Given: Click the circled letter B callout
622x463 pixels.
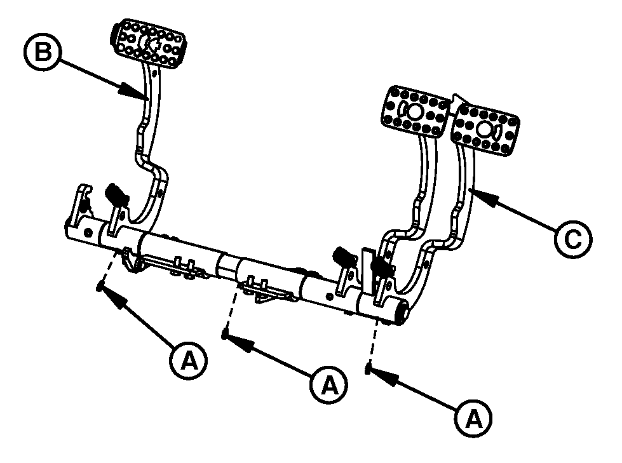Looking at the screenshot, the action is coord(43,52).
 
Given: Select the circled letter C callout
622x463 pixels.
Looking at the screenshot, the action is coord(573,239).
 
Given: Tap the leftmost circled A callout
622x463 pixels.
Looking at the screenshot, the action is coord(189,361).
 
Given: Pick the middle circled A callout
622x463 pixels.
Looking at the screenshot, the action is coord(329,385).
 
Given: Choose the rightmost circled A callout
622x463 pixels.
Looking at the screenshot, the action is coord(473,418).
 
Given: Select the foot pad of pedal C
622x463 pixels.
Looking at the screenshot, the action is coord(485,128).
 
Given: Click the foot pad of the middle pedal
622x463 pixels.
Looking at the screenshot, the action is coord(416,112).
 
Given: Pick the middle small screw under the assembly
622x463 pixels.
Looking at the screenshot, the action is coord(225,335).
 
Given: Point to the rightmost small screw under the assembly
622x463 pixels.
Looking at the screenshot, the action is coord(368,370).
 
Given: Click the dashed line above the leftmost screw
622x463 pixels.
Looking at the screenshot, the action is coord(108,265).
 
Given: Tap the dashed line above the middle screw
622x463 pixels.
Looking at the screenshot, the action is coord(231,307).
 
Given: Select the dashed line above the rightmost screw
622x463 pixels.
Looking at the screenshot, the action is coord(373,341).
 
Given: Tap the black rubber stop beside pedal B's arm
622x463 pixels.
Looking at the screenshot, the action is coord(116,194).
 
